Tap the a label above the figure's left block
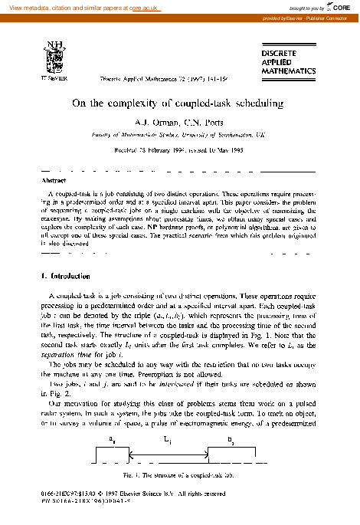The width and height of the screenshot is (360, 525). [x=113, y=440]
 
